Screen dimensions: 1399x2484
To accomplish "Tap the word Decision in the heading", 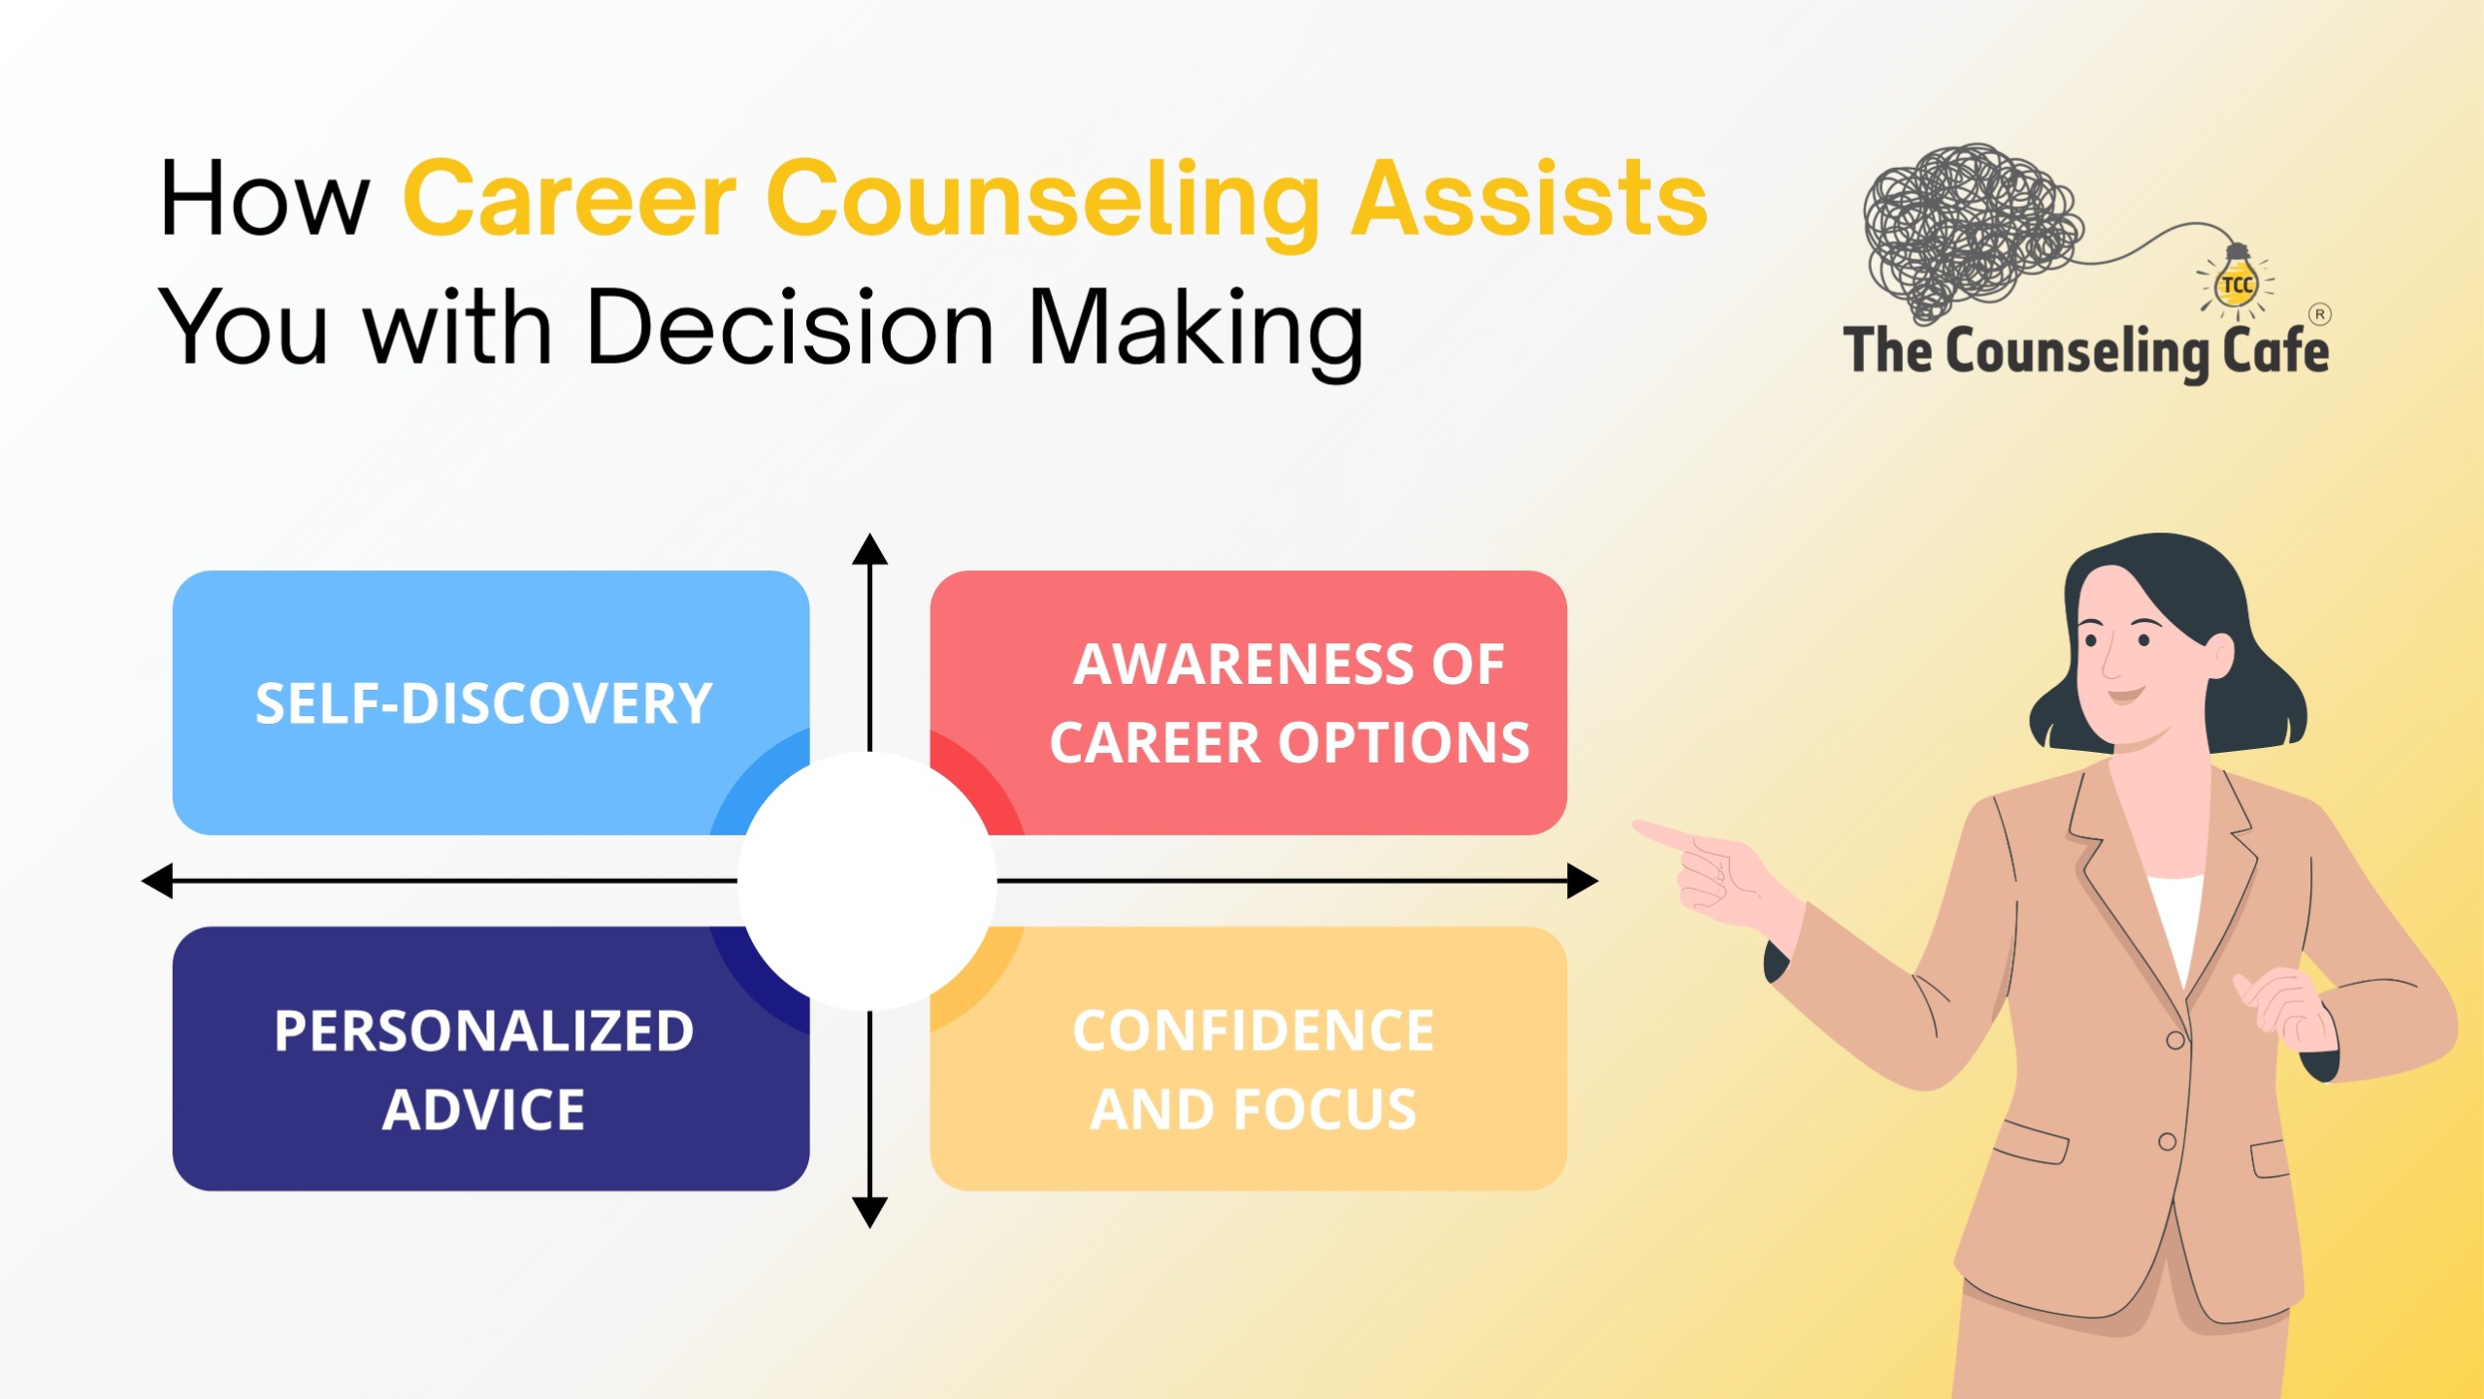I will tap(791, 327).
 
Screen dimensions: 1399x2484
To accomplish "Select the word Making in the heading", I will tap(1195, 327).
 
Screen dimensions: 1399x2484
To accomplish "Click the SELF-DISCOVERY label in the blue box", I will tap(483, 703).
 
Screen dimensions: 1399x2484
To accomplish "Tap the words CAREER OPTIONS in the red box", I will tap(1289, 743).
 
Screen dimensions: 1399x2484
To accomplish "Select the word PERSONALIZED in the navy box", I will tap(483, 1030).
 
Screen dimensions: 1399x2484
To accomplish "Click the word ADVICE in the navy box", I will tap(483, 1110).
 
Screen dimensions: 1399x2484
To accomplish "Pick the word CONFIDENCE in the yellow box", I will tap(1253, 1030).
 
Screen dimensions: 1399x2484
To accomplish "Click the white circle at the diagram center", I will tap(867, 881).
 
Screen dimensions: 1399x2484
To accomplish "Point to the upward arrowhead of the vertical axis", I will tap(869, 549).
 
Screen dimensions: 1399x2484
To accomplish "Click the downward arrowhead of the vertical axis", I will tap(869, 1213).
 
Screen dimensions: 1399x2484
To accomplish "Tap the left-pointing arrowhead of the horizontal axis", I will tap(157, 881).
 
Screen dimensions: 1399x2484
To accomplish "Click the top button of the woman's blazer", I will tap(2175, 1040).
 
